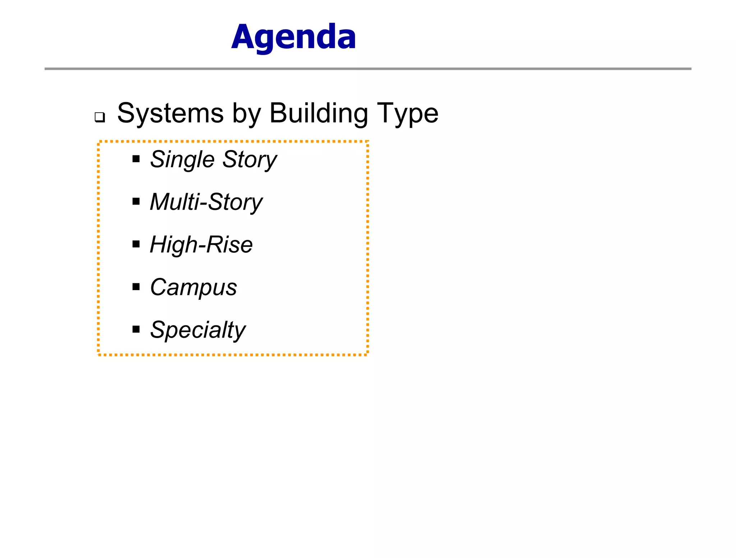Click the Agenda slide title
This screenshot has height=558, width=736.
pyautogui.click(x=294, y=37)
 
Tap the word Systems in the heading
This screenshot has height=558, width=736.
pyautogui.click(x=171, y=113)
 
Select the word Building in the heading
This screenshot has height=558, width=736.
pyautogui.click(x=319, y=113)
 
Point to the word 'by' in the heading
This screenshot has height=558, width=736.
pyautogui.click(x=247, y=114)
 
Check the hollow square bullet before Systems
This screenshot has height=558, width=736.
pyautogui.click(x=100, y=117)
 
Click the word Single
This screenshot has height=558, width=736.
pyautogui.click(x=182, y=159)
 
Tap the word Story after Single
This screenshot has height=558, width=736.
pyautogui.click(x=250, y=159)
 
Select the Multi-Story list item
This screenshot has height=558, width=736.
pyautogui.click(x=206, y=202)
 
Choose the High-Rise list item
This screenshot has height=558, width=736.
pyautogui.click(x=201, y=244)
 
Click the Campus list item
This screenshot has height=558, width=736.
pyautogui.click(x=193, y=287)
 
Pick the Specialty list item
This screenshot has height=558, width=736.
pyautogui.click(x=198, y=330)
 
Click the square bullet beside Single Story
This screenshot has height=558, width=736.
pyautogui.click(x=136, y=159)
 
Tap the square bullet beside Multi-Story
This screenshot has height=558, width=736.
pyautogui.click(x=136, y=201)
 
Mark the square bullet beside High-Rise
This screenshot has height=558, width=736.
pyautogui.click(x=136, y=244)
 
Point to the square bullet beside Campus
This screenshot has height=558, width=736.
pyautogui.click(x=136, y=287)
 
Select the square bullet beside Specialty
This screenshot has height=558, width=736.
pyautogui.click(x=136, y=329)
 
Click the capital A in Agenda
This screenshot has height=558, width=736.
pyautogui.click(x=244, y=37)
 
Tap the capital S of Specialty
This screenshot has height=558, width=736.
pyautogui.click(x=158, y=329)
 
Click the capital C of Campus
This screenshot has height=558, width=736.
pyautogui.click(x=158, y=287)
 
